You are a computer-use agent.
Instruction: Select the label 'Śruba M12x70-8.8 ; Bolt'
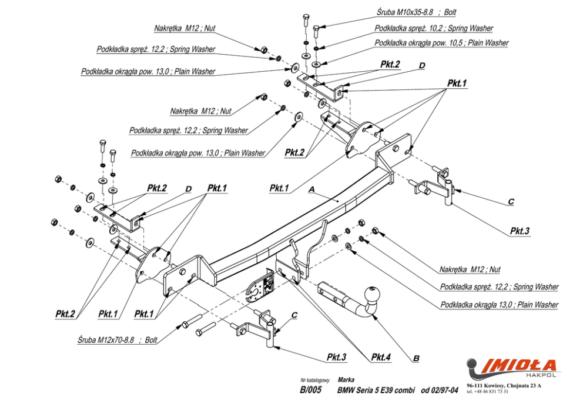point(117,339)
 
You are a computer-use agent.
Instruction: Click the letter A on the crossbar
point(311,190)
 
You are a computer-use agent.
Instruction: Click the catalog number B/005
point(310,390)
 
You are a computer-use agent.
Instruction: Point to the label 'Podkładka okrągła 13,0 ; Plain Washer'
point(499,305)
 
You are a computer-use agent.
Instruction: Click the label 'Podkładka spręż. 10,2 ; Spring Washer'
point(434,28)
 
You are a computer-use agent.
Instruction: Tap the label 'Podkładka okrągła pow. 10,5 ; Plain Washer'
point(441,43)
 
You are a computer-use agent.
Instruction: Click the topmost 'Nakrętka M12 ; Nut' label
point(185,28)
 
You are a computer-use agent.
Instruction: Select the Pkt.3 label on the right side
point(520,231)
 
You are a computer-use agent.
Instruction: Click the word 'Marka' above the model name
point(346,379)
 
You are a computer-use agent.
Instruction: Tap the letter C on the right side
point(511,201)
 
